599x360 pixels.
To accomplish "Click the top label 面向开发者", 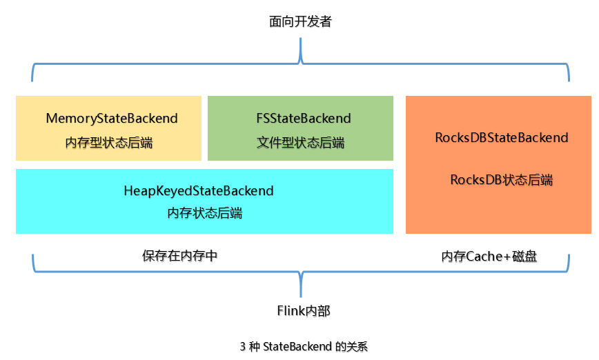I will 300,21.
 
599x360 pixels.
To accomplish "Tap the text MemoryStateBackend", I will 112,119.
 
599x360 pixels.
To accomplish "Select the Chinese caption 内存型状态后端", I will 109,143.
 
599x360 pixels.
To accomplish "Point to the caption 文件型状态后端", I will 300,143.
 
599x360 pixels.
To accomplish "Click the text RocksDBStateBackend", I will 502,137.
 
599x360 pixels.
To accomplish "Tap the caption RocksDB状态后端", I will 502,180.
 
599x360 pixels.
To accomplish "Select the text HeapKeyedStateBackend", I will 199,190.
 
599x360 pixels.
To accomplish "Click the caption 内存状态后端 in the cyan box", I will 205,213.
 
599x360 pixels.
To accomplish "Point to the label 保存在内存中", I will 180,255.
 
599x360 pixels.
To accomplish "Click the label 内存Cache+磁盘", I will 489,257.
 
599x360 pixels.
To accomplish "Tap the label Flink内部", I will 299,311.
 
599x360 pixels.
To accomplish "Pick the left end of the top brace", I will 32,79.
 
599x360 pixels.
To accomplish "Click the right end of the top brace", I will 569,79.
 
